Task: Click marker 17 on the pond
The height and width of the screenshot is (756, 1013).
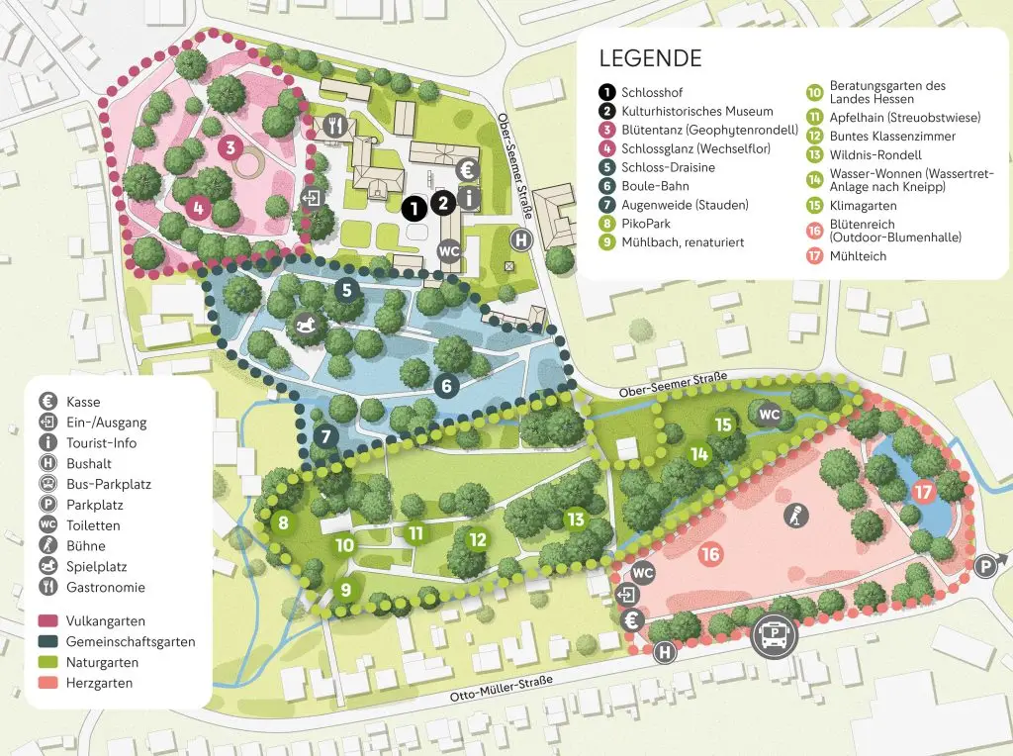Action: (922, 492)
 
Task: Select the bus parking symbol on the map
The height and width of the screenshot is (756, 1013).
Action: (776, 634)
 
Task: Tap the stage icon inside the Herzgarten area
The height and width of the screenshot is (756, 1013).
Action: (794, 515)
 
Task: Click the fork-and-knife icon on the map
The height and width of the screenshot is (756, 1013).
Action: (336, 126)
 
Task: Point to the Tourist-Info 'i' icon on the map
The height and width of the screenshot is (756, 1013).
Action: (470, 199)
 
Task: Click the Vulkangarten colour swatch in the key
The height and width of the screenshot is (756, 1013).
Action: (47, 621)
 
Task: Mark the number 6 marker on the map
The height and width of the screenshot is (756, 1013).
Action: (446, 386)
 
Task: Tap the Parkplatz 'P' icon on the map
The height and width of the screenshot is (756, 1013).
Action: (985, 566)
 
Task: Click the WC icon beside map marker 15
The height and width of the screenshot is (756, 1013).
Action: (768, 414)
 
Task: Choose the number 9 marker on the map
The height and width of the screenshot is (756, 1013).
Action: (345, 591)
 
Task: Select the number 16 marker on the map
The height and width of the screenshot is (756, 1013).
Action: (709, 554)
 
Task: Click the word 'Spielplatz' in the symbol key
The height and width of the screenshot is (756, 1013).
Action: (98, 567)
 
